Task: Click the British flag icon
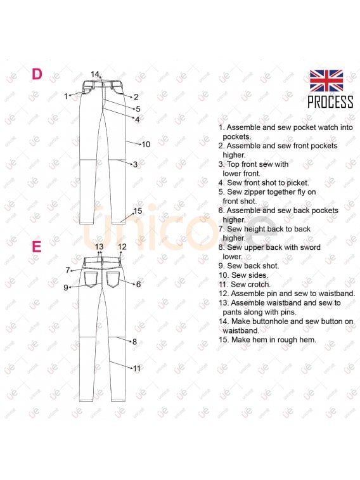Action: pos(326,81)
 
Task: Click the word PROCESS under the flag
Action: pos(330,102)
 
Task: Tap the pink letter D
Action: pos(37,74)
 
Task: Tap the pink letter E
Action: pos(37,247)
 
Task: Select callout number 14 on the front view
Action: pos(95,74)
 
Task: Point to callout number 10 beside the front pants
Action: pos(146,144)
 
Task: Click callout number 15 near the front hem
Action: pos(138,211)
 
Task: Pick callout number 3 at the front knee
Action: pos(135,165)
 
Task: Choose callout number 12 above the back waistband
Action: pos(122,247)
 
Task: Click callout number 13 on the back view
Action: pos(99,247)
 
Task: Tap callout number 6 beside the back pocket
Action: pos(139,285)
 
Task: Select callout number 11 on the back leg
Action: pos(136,368)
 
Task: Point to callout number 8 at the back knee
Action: pos(134,342)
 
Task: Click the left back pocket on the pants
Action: pos(91,280)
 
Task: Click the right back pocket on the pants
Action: pos(113,280)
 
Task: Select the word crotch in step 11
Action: pos(259,285)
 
